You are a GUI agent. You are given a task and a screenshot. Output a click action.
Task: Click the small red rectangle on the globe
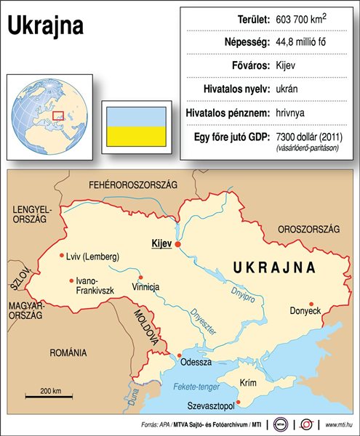tap(58, 115)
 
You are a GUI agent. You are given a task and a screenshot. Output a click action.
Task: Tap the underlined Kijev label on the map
tap(160, 243)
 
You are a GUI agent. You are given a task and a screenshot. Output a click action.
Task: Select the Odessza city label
tap(199, 361)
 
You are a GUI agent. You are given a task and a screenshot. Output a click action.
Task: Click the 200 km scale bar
tap(50, 396)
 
